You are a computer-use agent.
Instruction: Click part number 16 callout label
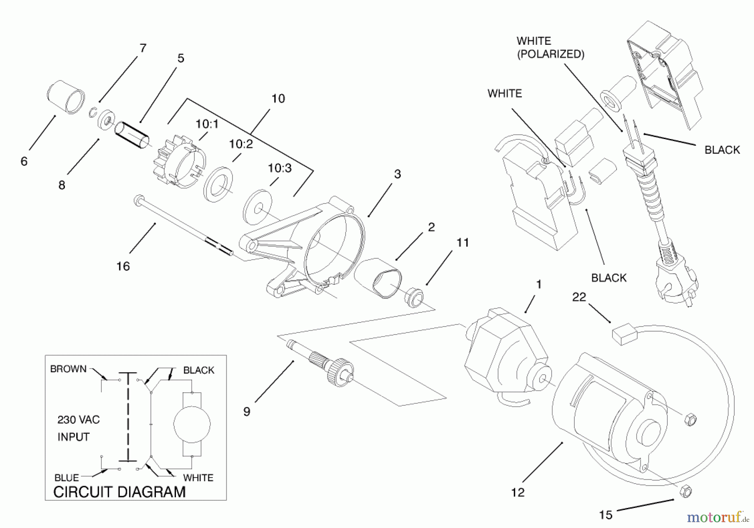(123, 266)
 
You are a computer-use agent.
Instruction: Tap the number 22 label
(579, 297)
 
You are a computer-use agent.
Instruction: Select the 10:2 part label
(241, 144)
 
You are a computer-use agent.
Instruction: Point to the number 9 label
(247, 412)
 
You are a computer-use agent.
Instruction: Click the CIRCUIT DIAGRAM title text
(119, 492)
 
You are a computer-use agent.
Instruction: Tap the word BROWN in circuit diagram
(68, 369)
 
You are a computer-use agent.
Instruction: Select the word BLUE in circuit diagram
(67, 478)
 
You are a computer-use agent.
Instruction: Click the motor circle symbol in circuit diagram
(192, 424)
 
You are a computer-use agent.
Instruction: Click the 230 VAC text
(79, 420)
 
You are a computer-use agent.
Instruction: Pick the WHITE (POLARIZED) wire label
(550, 47)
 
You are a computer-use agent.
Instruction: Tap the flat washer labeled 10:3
(257, 207)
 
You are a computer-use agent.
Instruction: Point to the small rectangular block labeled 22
(624, 335)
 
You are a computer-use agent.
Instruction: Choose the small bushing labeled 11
(413, 296)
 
